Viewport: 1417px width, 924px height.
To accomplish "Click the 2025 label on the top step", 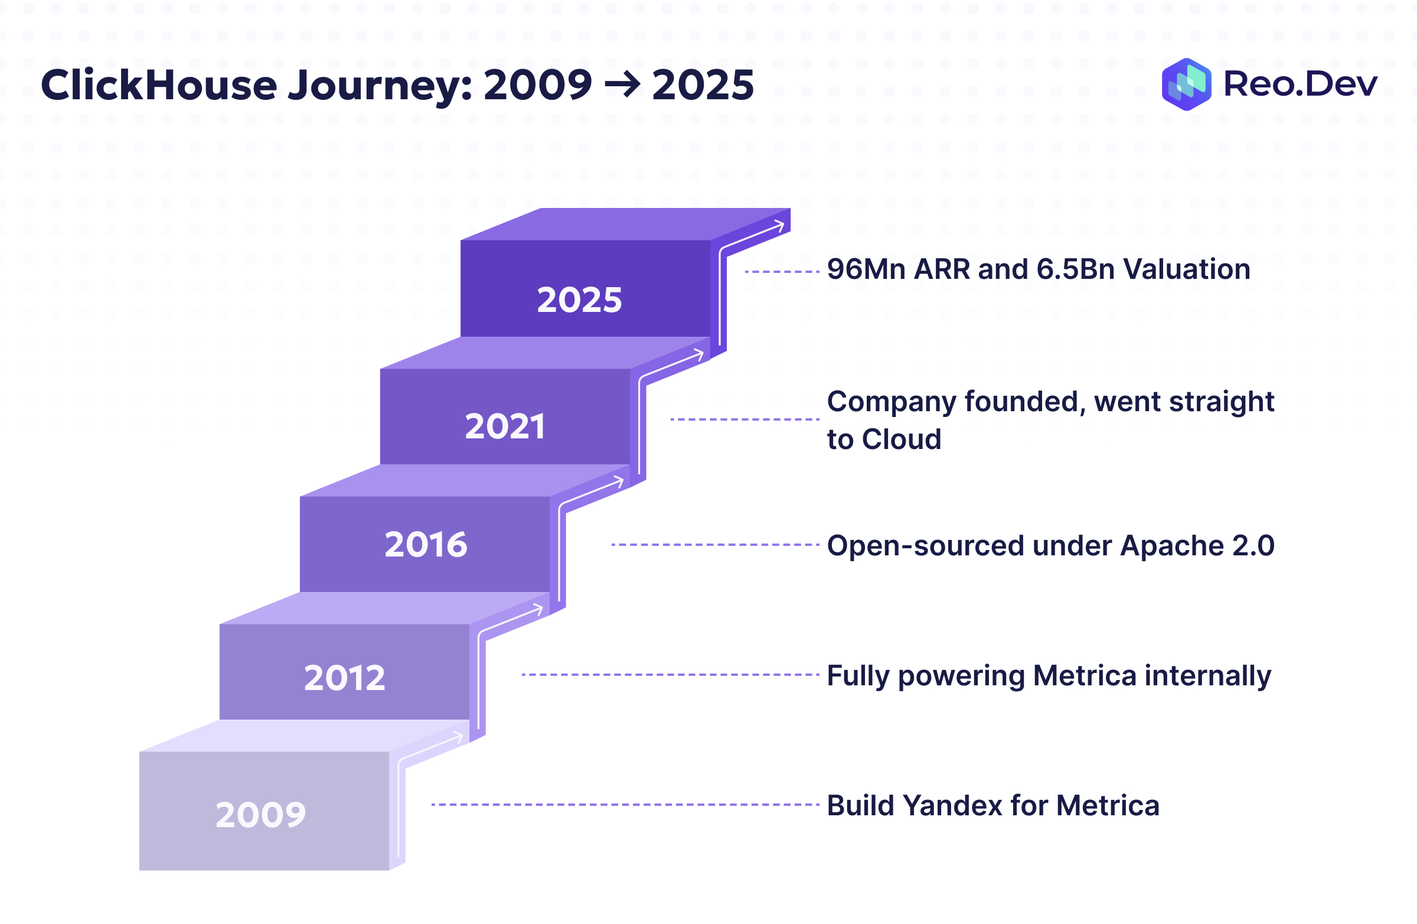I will coord(579,300).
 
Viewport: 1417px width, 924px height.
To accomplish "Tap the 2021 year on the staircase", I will coord(504,427).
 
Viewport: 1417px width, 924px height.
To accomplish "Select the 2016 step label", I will coord(426,545).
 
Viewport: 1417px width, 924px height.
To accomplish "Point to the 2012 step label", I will coord(344,678).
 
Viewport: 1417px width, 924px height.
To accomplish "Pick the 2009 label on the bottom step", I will coord(261,814).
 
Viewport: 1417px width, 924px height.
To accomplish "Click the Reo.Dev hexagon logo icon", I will coord(1186,84).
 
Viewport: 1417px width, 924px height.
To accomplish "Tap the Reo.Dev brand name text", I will coord(1300,84).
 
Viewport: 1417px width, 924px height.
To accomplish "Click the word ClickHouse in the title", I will coord(159,84).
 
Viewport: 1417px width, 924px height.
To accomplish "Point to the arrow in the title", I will coord(622,85).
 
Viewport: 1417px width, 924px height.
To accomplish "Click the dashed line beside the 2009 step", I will coord(625,805).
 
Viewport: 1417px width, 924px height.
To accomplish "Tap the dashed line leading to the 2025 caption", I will coord(782,272).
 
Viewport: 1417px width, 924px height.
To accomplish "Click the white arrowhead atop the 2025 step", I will coord(781,225).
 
